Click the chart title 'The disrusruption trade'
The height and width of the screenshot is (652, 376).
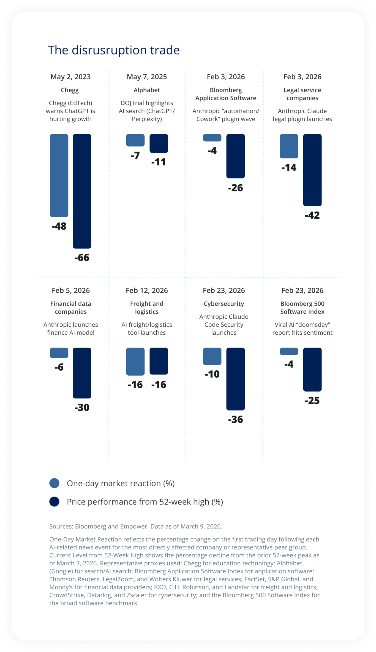pyautogui.click(x=114, y=50)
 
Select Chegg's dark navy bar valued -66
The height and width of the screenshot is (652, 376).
pyautogui.click(x=82, y=191)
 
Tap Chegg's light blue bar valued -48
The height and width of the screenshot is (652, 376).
pyautogui.click(x=59, y=175)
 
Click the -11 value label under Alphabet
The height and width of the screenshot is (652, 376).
pyautogui.click(x=159, y=162)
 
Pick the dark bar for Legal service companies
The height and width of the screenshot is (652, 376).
pyautogui.click(x=312, y=170)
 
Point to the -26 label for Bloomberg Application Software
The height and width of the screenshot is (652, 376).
pyautogui.click(x=235, y=188)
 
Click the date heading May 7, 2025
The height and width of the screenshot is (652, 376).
pyautogui.click(x=147, y=77)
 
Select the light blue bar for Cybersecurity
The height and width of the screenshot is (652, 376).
pyautogui.click(x=212, y=356)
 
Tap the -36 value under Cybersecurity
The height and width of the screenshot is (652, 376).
pyautogui.click(x=235, y=419)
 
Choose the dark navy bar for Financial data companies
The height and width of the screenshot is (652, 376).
pyautogui.click(x=82, y=373)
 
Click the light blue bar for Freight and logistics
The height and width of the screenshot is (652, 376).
pyautogui.click(x=135, y=361)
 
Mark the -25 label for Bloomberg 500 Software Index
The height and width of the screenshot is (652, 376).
pyautogui.click(x=312, y=400)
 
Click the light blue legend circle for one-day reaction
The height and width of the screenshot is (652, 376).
pyautogui.click(x=54, y=483)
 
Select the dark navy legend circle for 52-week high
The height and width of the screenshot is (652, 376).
pyautogui.click(x=54, y=502)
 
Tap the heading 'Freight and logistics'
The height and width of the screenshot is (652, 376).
pyautogui.click(x=147, y=307)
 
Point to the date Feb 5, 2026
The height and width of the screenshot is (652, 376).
pyautogui.click(x=71, y=290)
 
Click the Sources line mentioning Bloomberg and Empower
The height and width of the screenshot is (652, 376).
pyautogui.click(x=135, y=526)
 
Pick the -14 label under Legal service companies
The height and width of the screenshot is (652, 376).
pyautogui.click(x=289, y=167)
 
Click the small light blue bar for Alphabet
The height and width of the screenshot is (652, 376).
pyautogui.click(x=135, y=140)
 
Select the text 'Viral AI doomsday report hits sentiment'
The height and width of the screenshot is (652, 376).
pyautogui.click(x=302, y=329)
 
